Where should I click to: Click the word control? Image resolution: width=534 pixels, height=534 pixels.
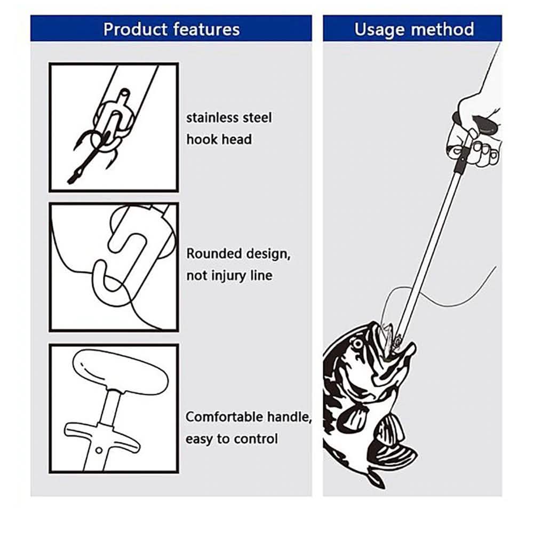tap(259, 439)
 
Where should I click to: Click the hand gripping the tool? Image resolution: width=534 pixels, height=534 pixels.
tap(477, 133)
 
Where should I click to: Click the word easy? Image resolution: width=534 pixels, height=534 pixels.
tap(200, 439)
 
